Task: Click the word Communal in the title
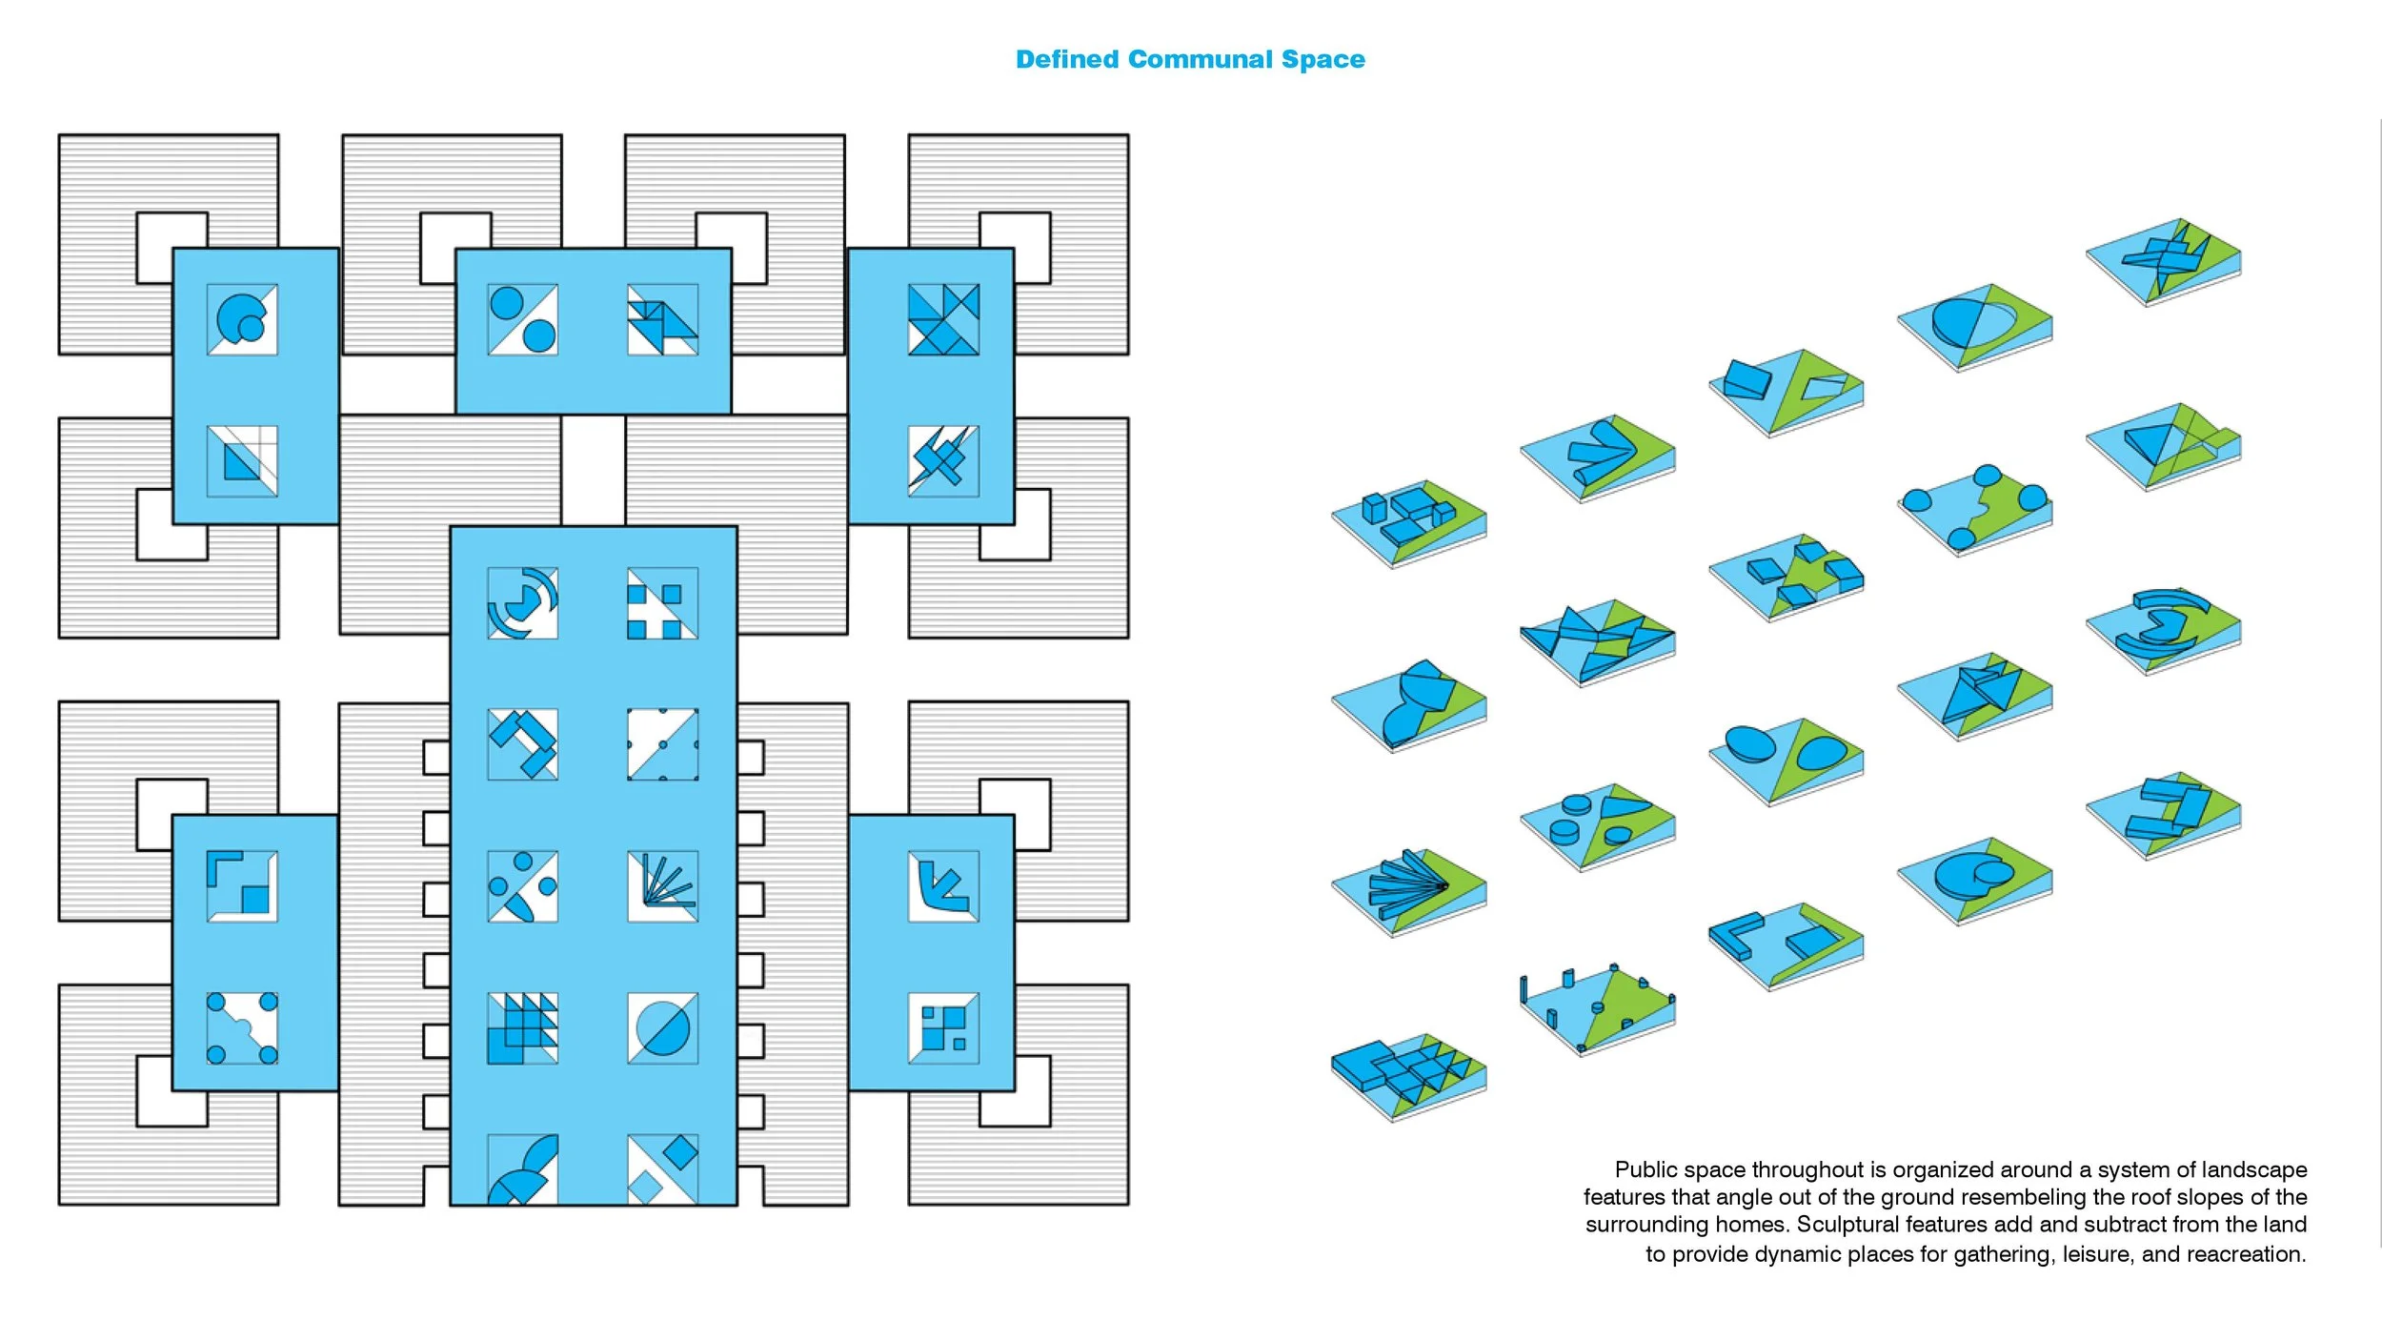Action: click(1203, 59)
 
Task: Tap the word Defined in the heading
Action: click(1067, 59)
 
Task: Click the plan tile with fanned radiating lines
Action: click(663, 886)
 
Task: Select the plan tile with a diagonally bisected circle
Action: click(663, 1028)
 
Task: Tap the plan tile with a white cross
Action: click(663, 603)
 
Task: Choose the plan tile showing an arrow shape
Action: click(943, 886)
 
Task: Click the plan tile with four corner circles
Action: click(242, 1028)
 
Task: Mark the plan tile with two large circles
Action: click(523, 319)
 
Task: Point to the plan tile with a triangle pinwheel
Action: click(943, 319)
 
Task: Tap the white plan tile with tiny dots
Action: click(663, 744)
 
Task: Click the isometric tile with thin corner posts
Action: click(1598, 1010)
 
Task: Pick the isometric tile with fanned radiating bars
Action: click(1408, 892)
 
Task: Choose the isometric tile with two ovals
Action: click(1786, 761)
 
